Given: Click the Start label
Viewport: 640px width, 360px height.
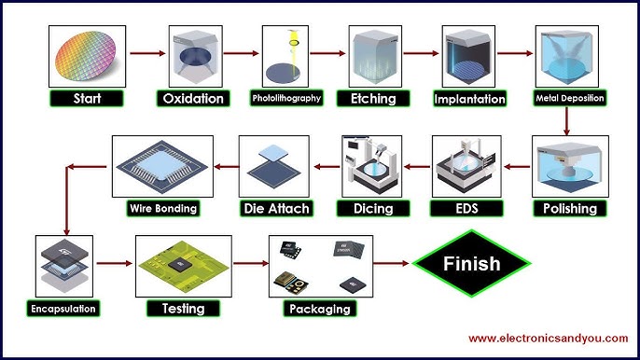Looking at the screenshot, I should (87, 98).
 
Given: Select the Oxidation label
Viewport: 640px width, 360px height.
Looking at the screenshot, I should (193, 98).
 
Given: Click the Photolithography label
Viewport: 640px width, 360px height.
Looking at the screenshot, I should (286, 98).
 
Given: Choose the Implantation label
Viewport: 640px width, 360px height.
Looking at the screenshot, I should (469, 99).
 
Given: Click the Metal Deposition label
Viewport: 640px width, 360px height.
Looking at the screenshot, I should (569, 98).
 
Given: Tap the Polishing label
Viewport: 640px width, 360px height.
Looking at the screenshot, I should (570, 208).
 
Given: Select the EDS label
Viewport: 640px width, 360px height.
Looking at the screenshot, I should (466, 208).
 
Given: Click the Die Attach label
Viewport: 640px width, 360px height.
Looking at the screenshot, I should (274, 208).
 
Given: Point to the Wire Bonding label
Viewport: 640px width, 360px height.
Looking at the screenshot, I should (162, 208).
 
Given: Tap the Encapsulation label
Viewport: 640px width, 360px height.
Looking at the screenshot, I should (62, 307).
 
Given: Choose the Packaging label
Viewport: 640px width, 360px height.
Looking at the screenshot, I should (320, 308).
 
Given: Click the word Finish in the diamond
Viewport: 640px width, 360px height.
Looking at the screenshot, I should (472, 264).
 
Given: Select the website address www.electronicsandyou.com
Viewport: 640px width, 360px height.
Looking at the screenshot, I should (549, 338).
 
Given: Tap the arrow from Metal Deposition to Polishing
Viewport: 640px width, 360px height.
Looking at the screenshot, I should (566, 120).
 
